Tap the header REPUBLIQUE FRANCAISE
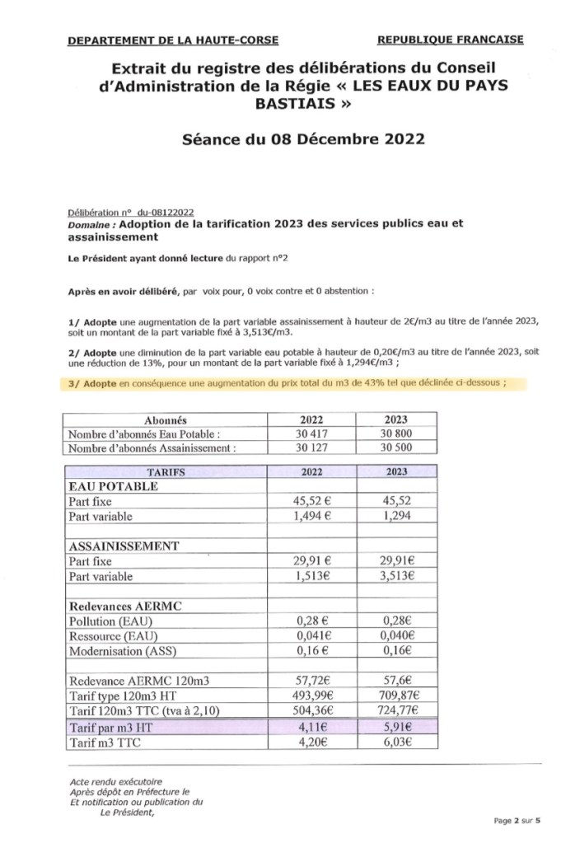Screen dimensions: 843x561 pyautogui.click(x=449, y=39)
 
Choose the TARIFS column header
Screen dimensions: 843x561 pyautogui.click(x=165, y=472)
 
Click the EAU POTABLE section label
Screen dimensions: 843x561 pyautogui.click(x=115, y=486)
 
